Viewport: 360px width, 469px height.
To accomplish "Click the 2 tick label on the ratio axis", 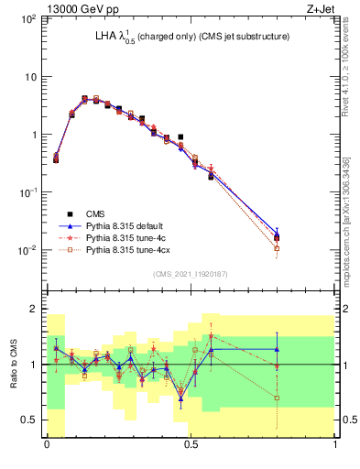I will click(x=34, y=309).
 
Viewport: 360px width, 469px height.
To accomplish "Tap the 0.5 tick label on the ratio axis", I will click(x=29, y=420).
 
